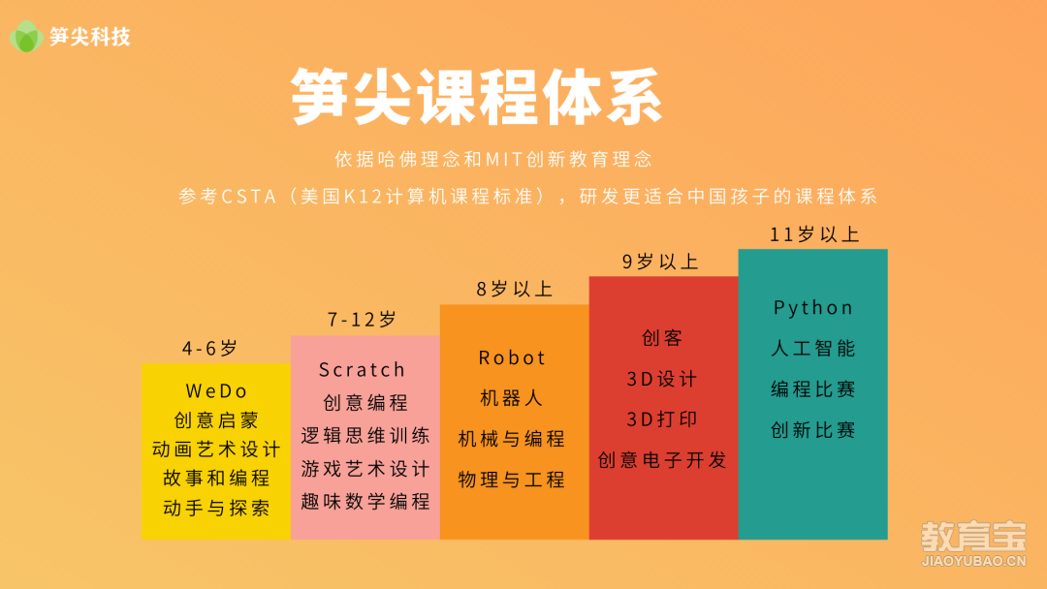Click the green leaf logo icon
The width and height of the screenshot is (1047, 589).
tap(26, 36)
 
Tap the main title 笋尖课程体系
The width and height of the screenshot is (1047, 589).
tap(477, 97)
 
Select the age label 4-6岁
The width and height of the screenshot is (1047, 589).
tap(209, 348)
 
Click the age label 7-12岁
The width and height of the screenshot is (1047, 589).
tap(362, 320)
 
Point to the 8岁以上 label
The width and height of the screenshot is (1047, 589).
tap(514, 289)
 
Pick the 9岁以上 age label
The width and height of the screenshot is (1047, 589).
tap(660, 262)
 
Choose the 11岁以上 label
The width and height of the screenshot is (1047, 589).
tap(814, 234)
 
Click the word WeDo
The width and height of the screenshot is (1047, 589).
tap(216, 390)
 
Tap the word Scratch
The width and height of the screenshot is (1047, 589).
tap(362, 369)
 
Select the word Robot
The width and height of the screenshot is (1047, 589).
tap(512, 358)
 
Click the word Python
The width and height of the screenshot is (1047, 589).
tap(812, 308)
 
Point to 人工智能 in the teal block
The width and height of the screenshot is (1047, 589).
tap(812, 348)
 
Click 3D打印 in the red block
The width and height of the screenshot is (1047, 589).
tap(662, 419)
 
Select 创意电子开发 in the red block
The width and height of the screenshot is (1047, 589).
tap(662, 460)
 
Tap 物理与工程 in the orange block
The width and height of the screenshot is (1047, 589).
tap(512, 480)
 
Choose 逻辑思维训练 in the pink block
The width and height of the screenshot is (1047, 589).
tap(365, 436)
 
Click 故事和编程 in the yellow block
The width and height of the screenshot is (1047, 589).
tap(216, 479)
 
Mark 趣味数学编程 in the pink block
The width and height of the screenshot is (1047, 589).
tap(365, 502)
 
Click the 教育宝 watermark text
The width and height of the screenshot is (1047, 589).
tap(973, 537)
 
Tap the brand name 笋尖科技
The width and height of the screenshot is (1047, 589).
tap(89, 37)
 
